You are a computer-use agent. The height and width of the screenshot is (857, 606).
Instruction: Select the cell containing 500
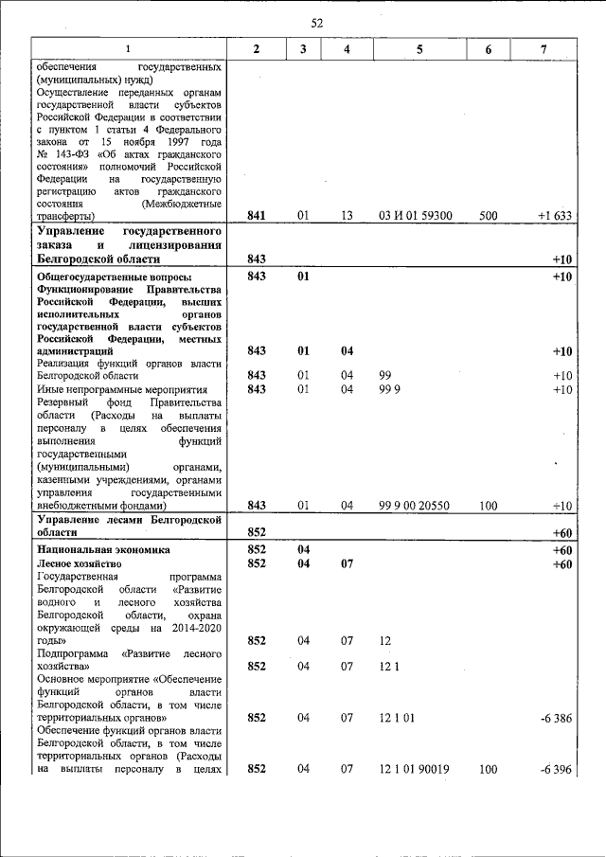point(489,216)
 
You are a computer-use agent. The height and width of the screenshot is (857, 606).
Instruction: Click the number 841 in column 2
point(257,216)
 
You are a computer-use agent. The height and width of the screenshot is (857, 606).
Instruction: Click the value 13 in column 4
point(348,216)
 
